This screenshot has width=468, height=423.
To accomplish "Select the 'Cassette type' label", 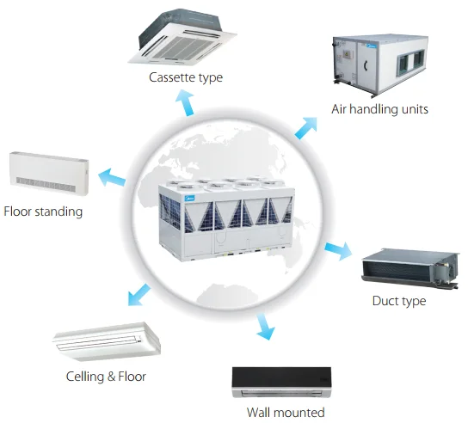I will (x=185, y=77).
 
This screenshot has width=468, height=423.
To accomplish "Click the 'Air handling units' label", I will (x=379, y=109).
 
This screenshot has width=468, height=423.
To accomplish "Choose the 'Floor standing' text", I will (x=43, y=211).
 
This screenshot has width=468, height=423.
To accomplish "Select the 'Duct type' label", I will (x=398, y=301).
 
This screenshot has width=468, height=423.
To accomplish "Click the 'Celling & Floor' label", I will (x=106, y=377).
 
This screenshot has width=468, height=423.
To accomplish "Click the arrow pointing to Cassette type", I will (x=185, y=102).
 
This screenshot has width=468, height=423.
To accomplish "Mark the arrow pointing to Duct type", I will (x=338, y=251).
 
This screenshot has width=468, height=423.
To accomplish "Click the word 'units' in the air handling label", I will (x=411, y=109).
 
